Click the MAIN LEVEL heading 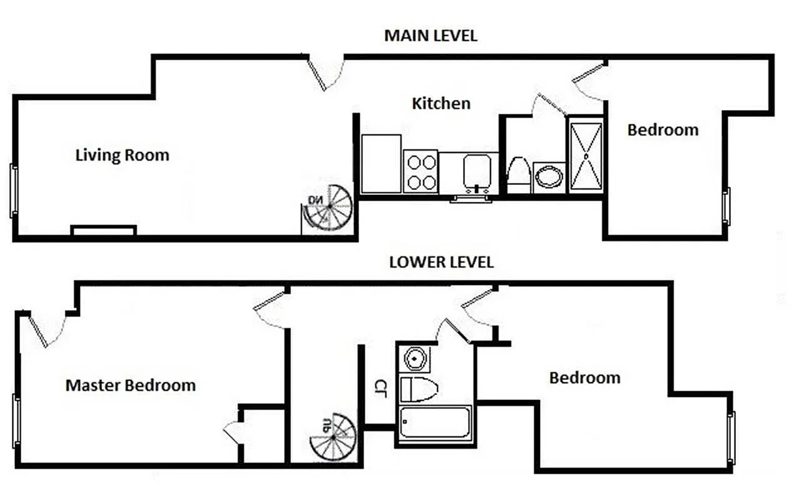[430, 36]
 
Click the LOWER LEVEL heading [441, 262]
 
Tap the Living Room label [122, 154]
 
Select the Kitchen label [440, 103]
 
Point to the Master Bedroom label [130, 385]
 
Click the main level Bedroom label [663, 130]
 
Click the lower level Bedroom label [584, 377]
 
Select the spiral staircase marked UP [333, 436]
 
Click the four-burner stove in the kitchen [420, 172]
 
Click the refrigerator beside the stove [381, 164]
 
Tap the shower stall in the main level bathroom [586, 156]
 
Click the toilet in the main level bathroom [519, 176]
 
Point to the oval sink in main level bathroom [549, 177]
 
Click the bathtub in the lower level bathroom [435, 424]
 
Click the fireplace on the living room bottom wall [103, 231]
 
